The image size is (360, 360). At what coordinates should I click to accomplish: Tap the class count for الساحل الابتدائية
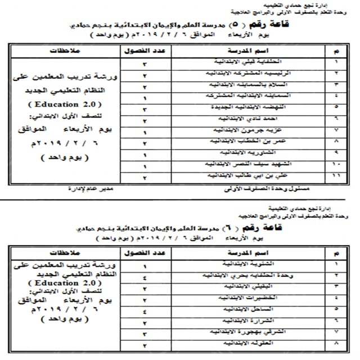pos(145,310)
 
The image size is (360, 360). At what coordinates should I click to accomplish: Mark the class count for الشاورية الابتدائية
pos(145,154)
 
